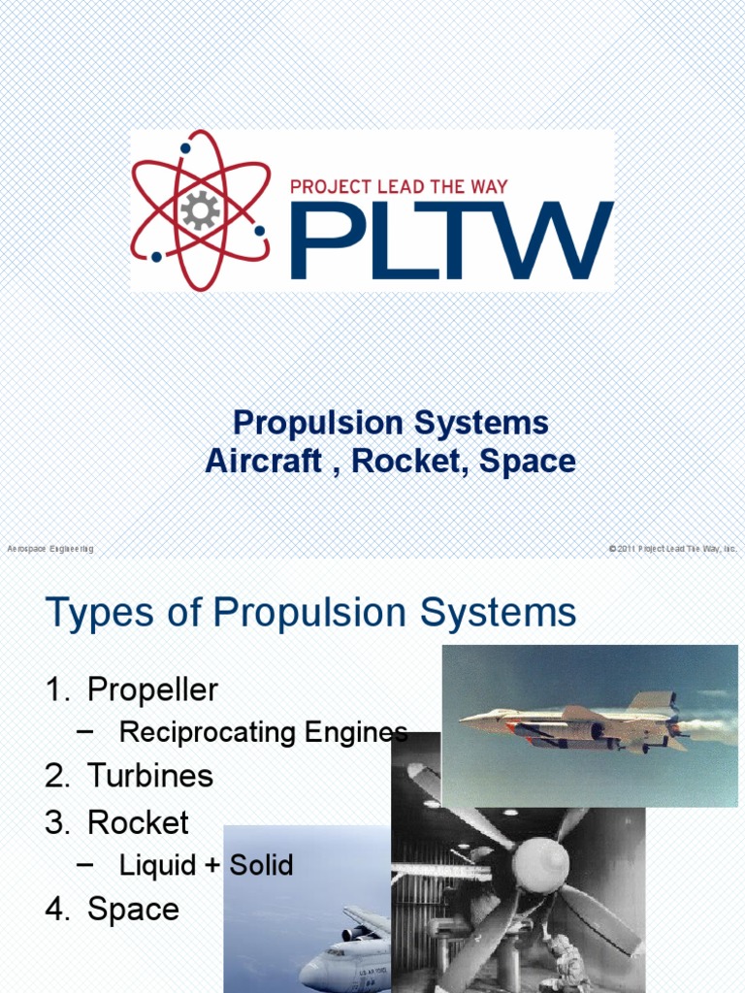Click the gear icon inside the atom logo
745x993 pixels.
(x=199, y=210)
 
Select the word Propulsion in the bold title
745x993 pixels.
(x=317, y=424)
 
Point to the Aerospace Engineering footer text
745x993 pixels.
(x=50, y=549)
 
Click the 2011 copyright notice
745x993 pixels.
(x=672, y=549)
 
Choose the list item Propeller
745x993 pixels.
(x=152, y=690)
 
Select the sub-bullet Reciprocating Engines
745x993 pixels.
(x=262, y=733)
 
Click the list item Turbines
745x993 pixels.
(x=150, y=776)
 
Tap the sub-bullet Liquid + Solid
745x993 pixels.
(x=206, y=865)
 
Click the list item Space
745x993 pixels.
(x=133, y=910)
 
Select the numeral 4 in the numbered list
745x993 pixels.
(x=53, y=910)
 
